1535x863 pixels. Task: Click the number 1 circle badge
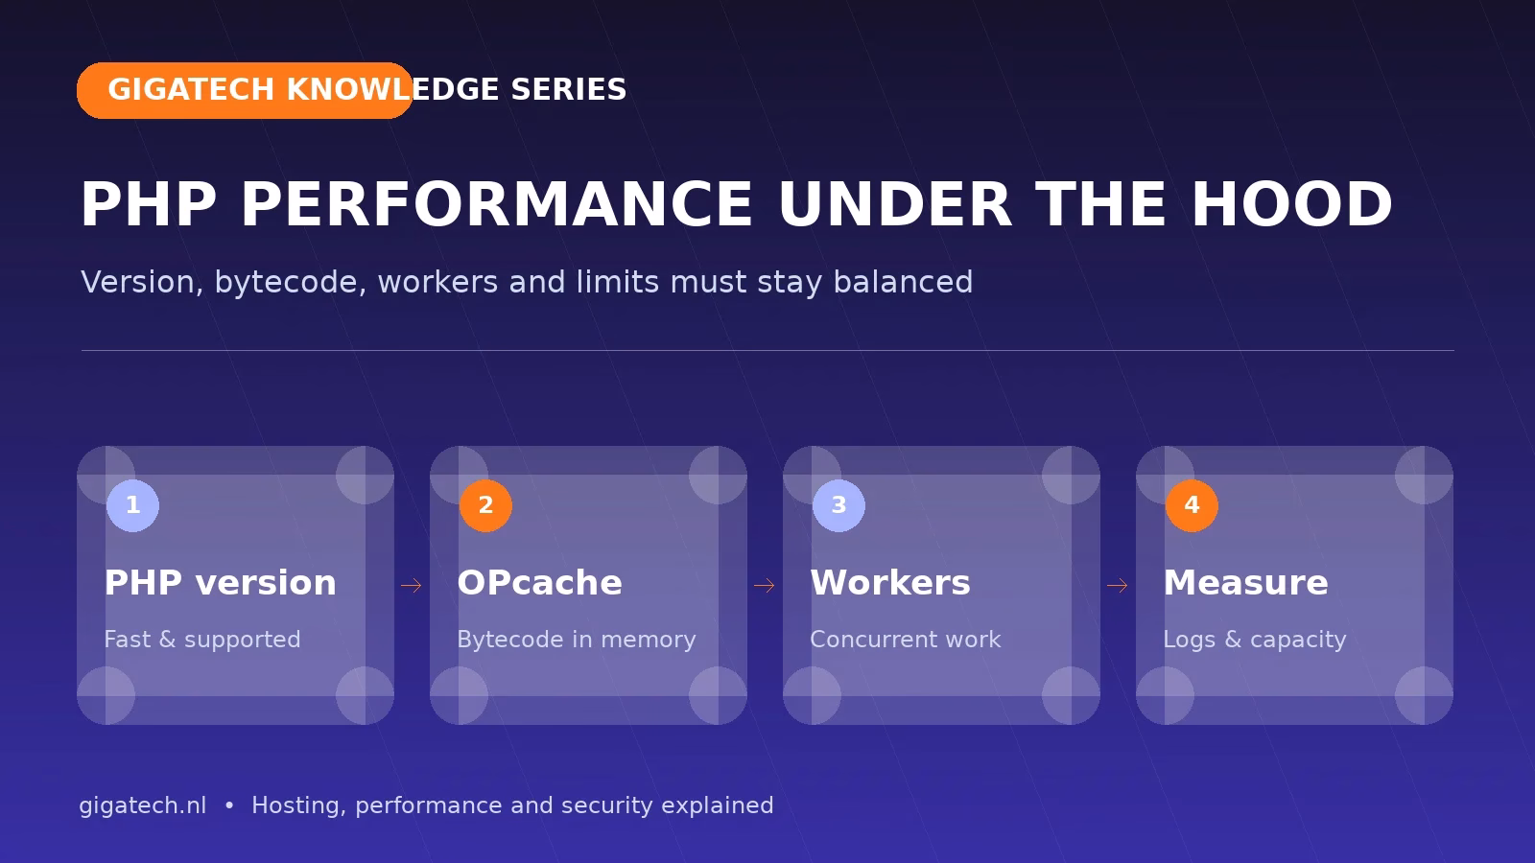click(x=133, y=505)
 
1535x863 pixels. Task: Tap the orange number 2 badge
click(x=485, y=505)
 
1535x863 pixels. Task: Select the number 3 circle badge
click(x=838, y=505)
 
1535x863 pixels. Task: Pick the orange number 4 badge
click(x=1192, y=505)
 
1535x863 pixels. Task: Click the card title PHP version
click(x=220, y=583)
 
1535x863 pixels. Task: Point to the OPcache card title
click(x=539, y=583)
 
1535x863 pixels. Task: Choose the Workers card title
click(x=890, y=583)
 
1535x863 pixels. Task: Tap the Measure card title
click(x=1246, y=583)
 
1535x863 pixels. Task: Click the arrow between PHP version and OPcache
click(x=412, y=586)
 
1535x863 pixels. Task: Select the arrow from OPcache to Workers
click(x=764, y=586)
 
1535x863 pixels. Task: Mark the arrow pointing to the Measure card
click(x=1117, y=586)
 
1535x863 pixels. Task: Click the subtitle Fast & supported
click(x=202, y=640)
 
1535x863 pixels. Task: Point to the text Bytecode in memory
click(x=577, y=640)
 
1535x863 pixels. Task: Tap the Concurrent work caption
click(x=906, y=640)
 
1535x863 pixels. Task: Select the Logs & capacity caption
click(x=1255, y=640)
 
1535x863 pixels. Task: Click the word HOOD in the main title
click(x=1292, y=204)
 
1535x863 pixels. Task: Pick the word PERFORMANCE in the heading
click(x=497, y=204)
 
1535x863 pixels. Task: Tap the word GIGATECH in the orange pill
click(x=191, y=90)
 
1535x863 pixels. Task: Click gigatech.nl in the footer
click(x=143, y=805)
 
